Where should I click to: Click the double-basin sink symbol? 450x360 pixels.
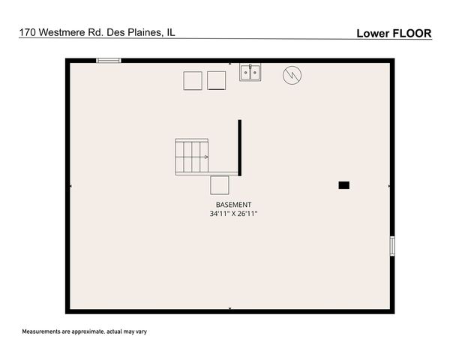point(250,72)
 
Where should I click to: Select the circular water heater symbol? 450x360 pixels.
point(291,75)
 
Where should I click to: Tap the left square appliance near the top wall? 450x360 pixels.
point(193,80)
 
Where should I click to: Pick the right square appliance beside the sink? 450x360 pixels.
point(216,80)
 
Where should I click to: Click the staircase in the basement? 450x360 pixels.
point(192,157)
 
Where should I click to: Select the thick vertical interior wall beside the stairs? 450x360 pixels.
point(240,147)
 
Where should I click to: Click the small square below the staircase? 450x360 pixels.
point(219,184)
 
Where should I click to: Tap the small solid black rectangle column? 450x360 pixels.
point(343,184)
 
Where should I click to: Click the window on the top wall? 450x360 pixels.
point(108,61)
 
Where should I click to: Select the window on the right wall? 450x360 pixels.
point(391,246)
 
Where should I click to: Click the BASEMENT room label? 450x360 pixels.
point(233,205)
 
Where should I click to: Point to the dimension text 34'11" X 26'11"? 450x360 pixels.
point(233,214)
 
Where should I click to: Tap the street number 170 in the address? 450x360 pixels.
point(27,33)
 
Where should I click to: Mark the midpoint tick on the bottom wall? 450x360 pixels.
point(229,309)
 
